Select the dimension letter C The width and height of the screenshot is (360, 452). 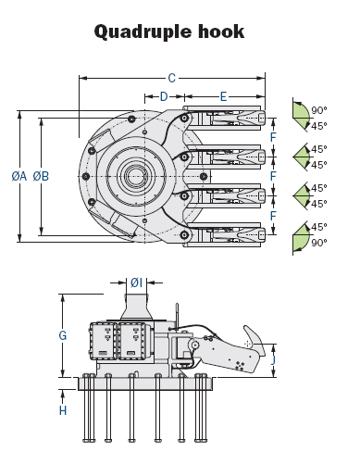click(172, 79)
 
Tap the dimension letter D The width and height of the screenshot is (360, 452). click(164, 96)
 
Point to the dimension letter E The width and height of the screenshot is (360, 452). click(224, 96)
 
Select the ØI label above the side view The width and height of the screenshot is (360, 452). click(136, 282)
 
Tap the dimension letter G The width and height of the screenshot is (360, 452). click(62, 335)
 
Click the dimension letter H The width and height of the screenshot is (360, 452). click(63, 409)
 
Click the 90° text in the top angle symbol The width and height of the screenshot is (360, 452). click(320, 108)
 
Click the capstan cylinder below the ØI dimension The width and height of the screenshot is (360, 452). click(137, 306)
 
